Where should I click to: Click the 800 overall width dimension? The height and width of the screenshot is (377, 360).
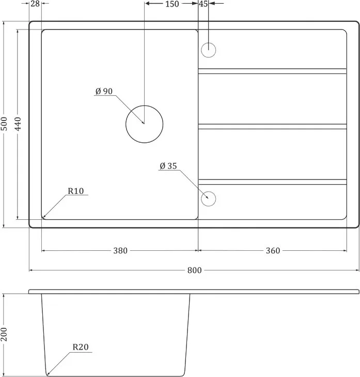194,270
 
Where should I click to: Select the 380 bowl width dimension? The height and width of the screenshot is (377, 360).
120,251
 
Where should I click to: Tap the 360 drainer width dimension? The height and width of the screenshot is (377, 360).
273,251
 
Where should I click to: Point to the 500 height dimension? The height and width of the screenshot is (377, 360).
4,124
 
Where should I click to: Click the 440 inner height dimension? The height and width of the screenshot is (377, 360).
18,124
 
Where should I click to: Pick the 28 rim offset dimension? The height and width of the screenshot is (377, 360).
35,4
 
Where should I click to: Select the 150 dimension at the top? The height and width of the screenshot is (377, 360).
172,4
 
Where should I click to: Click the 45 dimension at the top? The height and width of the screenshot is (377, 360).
203,4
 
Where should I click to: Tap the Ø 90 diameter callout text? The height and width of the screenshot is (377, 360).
104,92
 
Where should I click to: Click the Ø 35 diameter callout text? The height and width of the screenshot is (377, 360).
168,166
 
